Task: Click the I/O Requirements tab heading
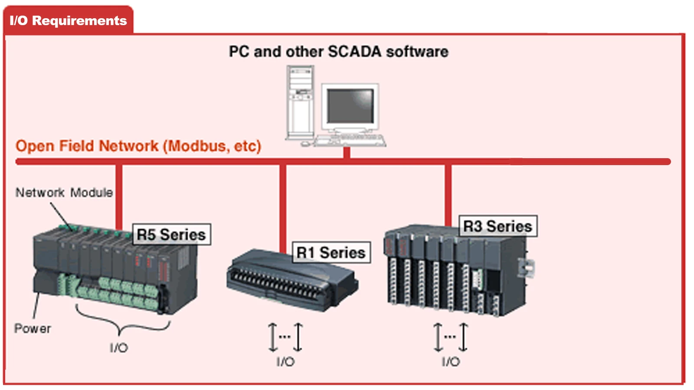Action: point(68,20)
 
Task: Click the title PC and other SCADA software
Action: point(339,52)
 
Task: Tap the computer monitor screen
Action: point(351,106)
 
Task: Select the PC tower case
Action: point(300,102)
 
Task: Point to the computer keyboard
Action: point(350,140)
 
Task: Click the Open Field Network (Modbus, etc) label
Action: point(138,146)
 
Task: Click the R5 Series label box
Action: point(172,234)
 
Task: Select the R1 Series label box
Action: point(331,252)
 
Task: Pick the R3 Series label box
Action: point(498,226)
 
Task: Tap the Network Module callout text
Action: point(64,192)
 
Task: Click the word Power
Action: point(33,328)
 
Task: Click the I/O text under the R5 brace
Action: point(119,348)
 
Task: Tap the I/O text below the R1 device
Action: point(285,361)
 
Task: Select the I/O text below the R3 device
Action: point(451,361)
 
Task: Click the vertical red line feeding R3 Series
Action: point(448,195)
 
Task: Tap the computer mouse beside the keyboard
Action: point(305,143)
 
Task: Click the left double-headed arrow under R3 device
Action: point(438,337)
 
